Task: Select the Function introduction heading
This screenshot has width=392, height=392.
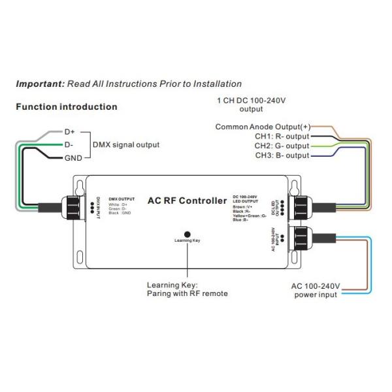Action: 66,106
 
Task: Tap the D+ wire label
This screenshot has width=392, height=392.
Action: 70,131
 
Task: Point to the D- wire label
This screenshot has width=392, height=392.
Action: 69,144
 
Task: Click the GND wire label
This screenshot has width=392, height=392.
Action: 73,158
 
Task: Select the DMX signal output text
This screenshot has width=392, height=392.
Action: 125,145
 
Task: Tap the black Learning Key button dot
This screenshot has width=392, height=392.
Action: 187,233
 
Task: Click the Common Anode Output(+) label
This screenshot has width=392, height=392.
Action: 263,126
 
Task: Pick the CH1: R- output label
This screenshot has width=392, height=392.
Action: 282,136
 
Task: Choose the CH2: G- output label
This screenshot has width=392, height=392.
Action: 282,146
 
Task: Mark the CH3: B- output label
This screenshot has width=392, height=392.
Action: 282,155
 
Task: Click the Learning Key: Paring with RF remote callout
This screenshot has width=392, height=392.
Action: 187,289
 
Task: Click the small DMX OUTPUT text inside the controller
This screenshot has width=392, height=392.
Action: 121,198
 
